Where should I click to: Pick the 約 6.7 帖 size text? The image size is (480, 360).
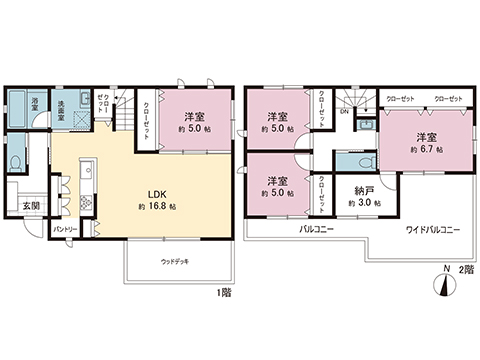tap(426, 148)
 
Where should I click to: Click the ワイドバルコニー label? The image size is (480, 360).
tap(432, 230)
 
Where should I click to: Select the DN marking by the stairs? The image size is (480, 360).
tap(343, 112)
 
